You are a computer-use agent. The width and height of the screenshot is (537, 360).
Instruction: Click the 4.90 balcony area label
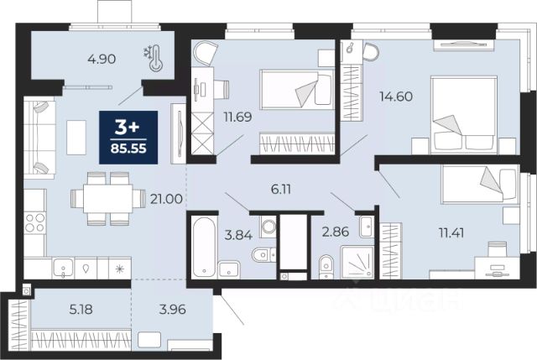102,60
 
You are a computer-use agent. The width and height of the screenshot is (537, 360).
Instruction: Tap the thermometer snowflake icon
154,59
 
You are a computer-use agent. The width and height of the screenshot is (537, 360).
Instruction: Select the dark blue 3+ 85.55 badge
128,137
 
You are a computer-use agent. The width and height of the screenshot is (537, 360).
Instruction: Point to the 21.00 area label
166,199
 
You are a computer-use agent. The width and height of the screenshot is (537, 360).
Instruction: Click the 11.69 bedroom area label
238,117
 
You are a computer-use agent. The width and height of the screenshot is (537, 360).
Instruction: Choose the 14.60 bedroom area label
396,97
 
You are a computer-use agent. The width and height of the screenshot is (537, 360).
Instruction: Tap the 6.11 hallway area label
281,189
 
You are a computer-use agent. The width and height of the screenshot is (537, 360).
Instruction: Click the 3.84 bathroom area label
238,235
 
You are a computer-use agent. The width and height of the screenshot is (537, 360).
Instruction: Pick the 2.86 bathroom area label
336,232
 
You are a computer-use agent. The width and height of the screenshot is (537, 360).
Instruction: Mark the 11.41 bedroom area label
451,233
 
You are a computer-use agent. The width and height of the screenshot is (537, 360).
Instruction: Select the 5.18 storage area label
81,310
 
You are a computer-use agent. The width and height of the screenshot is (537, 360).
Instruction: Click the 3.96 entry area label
173,310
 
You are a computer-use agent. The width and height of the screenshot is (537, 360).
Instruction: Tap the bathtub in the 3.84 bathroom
204,247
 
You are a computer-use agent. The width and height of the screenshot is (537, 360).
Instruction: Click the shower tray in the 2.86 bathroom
357,262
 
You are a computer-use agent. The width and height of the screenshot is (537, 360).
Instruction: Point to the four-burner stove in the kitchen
34,222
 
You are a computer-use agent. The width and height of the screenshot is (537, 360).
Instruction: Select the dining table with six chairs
108,199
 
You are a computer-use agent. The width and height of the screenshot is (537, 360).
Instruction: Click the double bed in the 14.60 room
464,115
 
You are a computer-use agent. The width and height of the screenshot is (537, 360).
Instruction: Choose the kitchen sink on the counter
63,268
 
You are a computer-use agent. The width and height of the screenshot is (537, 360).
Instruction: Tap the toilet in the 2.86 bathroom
326,267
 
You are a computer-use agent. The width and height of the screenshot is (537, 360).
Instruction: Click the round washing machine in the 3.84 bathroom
268,227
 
